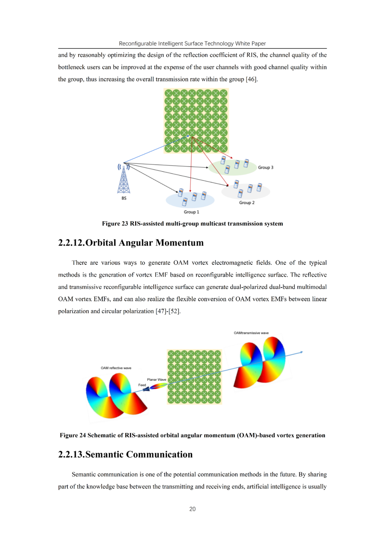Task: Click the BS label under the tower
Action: coord(124,198)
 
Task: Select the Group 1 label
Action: coord(191,212)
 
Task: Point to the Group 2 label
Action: coord(247,203)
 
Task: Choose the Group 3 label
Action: coord(266,167)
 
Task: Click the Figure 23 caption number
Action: coord(115,224)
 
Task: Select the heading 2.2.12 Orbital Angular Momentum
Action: coord(131,243)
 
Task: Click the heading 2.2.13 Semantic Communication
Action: coord(125,454)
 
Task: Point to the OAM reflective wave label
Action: coord(116,368)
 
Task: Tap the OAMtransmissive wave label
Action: coord(251,333)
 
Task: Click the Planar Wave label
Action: coord(156,380)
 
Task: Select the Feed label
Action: coord(142,385)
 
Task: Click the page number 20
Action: coord(192,509)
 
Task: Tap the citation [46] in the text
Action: coord(251,79)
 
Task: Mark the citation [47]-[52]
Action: coord(168,311)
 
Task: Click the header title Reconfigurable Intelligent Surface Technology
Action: coord(192,44)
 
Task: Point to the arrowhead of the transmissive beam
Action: coord(302,352)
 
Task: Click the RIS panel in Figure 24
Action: coord(194,377)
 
